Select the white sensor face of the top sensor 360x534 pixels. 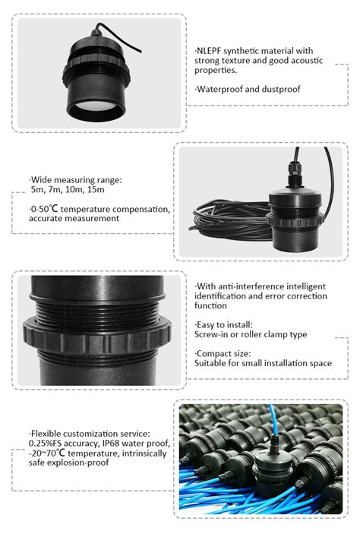point(96,105)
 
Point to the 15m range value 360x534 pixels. point(96,190)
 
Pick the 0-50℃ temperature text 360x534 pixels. point(43,209)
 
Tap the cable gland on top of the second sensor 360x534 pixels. point(295,174)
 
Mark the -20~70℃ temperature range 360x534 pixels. point(46,453)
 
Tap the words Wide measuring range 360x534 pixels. point(76,180)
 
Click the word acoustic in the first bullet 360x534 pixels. point(306,61)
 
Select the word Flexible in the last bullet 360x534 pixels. point(46,434)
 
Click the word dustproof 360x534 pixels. point(281,89)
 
